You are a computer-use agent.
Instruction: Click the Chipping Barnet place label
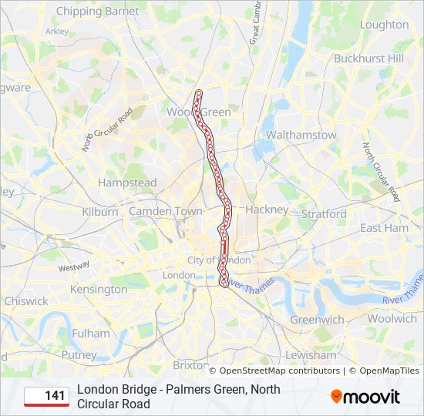[98, 12]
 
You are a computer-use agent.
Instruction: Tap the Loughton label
[384, 25]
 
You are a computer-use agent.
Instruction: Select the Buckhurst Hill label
[368, 58]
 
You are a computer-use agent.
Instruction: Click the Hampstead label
[127, 183]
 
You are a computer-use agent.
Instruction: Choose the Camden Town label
[165, 211]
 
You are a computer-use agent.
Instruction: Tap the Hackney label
[267, 210]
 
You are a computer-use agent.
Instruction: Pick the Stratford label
[325, 213]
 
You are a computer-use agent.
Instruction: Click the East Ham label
[384, 228]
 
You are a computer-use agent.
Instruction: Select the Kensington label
[99, 290]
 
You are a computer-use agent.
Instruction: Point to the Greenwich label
[317, 320]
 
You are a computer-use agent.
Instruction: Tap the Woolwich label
[392, 318]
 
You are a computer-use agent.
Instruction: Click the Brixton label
[191, 364]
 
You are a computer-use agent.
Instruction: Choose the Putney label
[79, 356]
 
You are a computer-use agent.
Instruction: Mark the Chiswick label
[26, 301]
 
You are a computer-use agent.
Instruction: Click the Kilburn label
[100, 212]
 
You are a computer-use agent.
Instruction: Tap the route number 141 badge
[46, 396]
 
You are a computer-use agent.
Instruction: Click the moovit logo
[365, 397]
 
